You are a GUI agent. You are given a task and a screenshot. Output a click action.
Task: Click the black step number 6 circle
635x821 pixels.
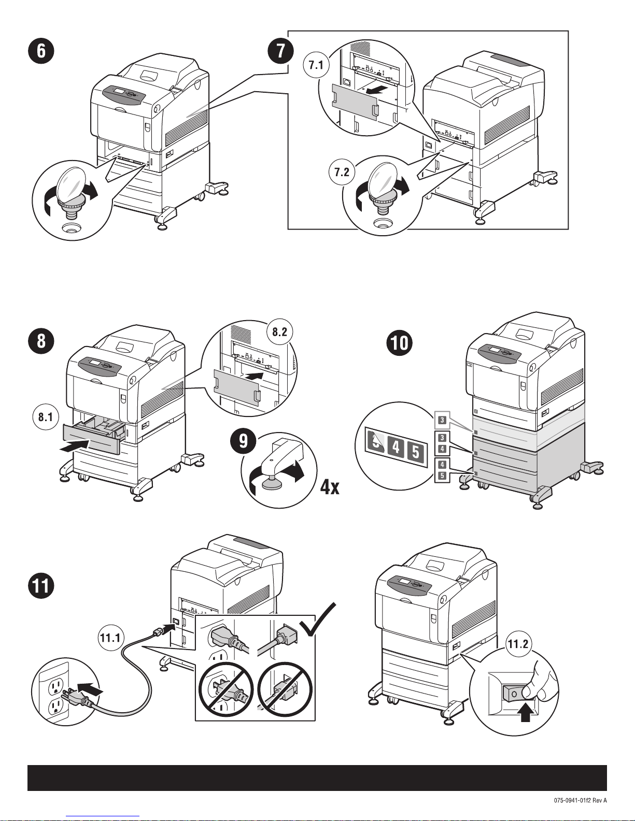(40, 52)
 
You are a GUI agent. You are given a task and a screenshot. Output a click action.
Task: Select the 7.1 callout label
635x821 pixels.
(316, 65)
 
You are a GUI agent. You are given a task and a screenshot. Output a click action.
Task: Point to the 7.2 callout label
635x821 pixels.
(342, 172)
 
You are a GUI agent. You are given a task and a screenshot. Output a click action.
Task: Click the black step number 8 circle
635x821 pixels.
(40, 342)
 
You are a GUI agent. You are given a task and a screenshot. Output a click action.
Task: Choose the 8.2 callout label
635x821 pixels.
(279, 332)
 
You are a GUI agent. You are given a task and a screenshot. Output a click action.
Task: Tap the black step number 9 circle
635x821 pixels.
(243, 441)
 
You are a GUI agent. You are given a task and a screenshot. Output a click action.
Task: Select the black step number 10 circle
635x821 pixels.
(401, 342)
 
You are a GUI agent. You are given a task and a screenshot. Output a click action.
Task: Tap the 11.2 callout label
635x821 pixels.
(518, 644)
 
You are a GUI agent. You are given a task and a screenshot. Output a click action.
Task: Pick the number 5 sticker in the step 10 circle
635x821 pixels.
(416, 450)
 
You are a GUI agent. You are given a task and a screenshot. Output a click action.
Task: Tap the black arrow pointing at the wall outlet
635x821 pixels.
(89, 690)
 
